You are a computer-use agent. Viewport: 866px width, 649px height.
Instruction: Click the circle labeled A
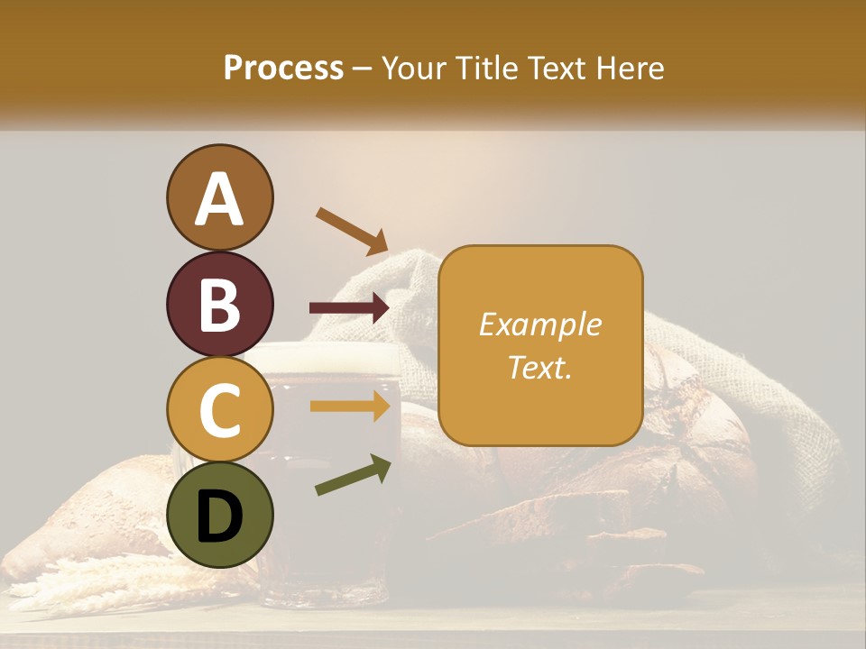coord(219,197)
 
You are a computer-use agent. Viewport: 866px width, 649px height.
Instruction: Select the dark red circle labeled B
coord(219,304)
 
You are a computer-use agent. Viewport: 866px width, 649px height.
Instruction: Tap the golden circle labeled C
coord(219,409)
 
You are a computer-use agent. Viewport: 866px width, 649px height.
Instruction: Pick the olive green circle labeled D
coord(219,515)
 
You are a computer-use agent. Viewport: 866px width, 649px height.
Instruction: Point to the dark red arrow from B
coord(349,308)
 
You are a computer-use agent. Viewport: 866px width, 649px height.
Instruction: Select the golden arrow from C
coord(349,407)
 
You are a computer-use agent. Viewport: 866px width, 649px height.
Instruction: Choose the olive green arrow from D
coord(353,476)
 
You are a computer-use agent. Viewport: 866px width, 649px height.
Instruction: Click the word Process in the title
coord(283,68)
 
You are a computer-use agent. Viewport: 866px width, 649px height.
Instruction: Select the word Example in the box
coord(539,324)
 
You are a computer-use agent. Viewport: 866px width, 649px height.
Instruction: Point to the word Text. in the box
coord(539,367)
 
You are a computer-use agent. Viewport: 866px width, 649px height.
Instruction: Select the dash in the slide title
coord(363,69)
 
